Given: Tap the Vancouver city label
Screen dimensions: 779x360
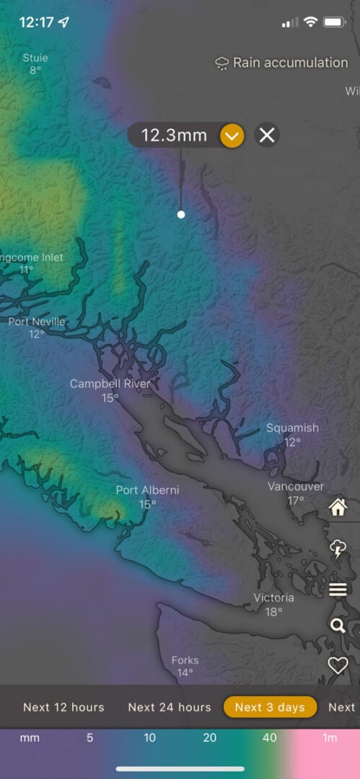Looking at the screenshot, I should (x=296, y=487).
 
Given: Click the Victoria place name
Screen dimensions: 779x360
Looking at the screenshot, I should (x=273, y=598).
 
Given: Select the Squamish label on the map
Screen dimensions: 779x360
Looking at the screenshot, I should (x=292, y=428).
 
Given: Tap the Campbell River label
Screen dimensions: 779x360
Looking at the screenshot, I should (x=110, y=384).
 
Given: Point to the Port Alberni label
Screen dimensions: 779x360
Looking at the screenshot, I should (x=147, y=490).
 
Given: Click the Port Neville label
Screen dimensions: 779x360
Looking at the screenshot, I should (x=37, y=322).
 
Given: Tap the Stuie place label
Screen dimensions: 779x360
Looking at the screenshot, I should (x=35, y=58).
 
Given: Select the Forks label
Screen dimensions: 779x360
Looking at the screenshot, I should (x=185, y=660).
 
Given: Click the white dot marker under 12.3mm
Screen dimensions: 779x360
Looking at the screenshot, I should (x=181, y=214).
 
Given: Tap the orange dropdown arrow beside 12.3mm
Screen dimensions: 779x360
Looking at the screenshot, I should (x=232, y=135).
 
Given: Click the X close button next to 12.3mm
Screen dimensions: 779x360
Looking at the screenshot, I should (x=267, y=135).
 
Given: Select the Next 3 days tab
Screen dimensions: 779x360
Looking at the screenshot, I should (x=270, y=707).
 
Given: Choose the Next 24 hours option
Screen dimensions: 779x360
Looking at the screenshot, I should (x=170, y=707).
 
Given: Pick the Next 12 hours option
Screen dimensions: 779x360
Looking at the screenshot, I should (x=63, y=707).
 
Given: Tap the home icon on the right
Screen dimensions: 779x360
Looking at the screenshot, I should (x=338, y=508).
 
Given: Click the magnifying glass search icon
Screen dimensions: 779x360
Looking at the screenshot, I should (x=338, y=625).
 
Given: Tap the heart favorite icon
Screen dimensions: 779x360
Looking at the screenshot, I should (x=338, y=665).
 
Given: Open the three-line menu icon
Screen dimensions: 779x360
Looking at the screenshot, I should (x=338, y=590).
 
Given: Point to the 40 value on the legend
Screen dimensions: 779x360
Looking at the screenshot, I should (x=269, y=738).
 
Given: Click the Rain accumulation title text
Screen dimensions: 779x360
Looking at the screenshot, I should (x=290, y=63).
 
